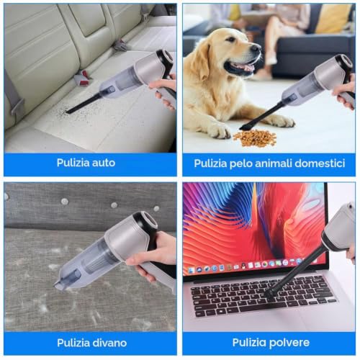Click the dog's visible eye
(231, 39)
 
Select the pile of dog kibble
(255, 138)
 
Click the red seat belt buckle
(83, 78)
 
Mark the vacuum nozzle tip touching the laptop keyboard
(270, 296)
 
